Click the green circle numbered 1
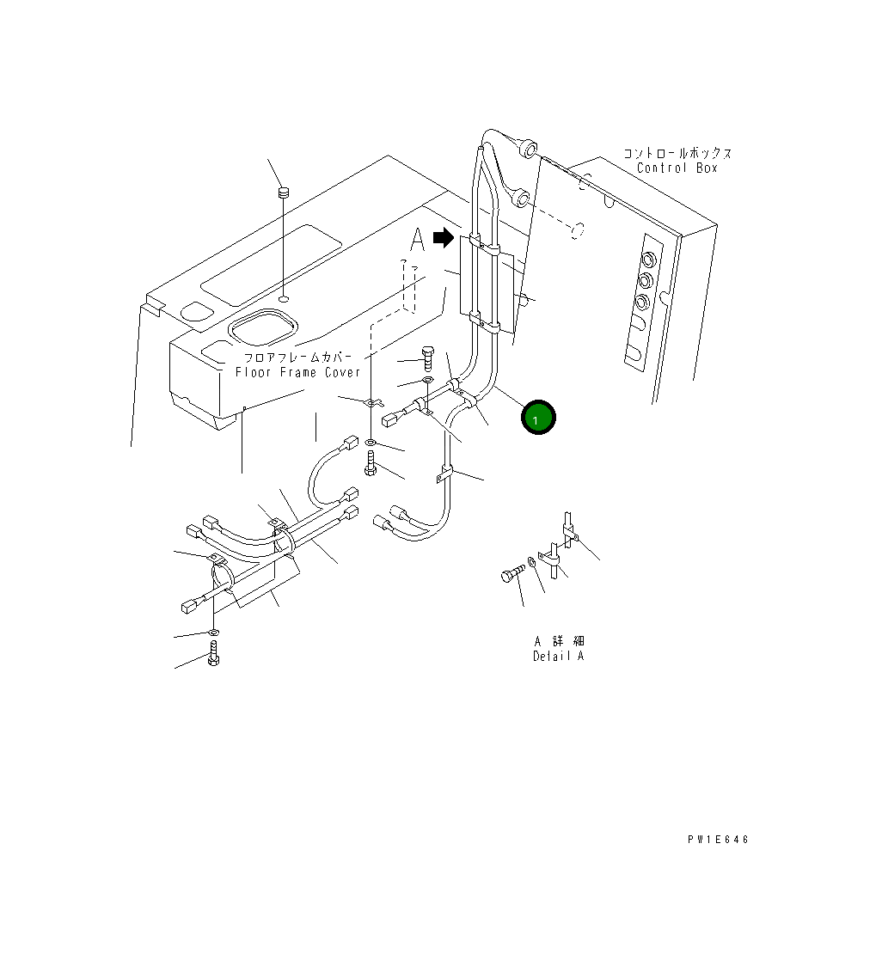point(538,418)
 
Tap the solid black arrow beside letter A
point(443,238)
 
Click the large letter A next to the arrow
point(417,240)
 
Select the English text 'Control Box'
point(677,168)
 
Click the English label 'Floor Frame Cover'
point(298,372)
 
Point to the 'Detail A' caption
point(558,656)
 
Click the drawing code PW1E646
point(718,840)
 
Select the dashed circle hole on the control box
point(580,230)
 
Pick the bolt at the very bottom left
point(214,662)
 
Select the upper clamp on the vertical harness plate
point(486,249)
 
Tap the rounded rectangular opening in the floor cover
point(262,329)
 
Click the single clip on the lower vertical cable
point(444,473)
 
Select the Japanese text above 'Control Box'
point(677,153)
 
